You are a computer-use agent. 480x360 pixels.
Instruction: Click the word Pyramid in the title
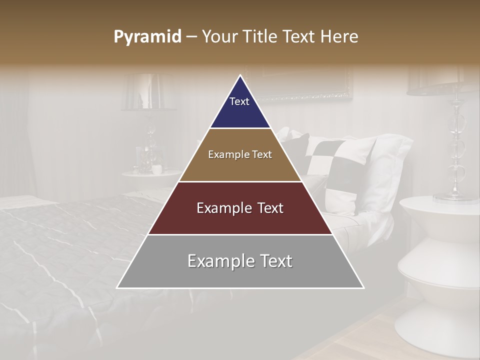click(x=147, y=37)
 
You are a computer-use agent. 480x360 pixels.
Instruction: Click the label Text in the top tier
click(x=239, y=101)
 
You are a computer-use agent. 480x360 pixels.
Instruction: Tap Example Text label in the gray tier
click(x=240, y=261)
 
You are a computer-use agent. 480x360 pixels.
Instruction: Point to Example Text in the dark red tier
click(x=240, y=208)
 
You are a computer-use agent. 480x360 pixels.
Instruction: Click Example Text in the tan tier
click(x=240, y=154)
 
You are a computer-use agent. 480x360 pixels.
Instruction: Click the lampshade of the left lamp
click(x=148, y=92)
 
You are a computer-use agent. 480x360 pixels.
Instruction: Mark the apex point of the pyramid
click(x=240, y=75)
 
